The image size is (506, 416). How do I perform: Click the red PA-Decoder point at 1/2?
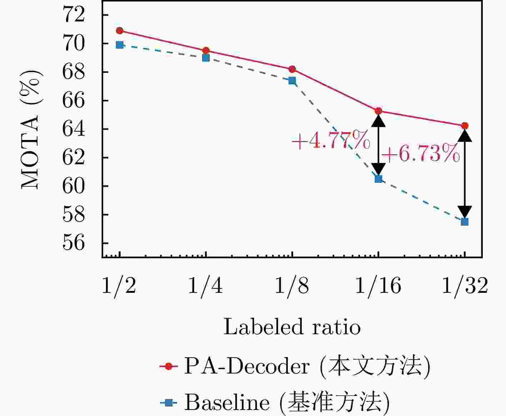tap(120, 31)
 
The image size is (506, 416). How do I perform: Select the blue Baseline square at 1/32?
tap(465, 222)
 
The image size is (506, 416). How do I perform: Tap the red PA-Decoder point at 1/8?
tap(292, 69)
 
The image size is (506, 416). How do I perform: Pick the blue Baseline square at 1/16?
tap(379, 179)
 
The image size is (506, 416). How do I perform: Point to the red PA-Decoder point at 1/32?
tap(465, 126)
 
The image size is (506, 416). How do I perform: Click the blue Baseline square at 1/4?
tap(206, 57)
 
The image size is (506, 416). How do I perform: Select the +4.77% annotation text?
tap(331, 140)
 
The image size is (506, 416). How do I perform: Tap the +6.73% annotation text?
tap(421, 154)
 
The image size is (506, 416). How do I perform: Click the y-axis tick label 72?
tap(74, 15)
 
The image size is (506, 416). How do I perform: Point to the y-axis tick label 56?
tap(74, 243)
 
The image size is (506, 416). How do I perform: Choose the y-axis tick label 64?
tap(74, 129)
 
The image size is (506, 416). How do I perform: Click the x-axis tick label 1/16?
tap(378, 286)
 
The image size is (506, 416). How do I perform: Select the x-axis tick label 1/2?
tap(119, 286)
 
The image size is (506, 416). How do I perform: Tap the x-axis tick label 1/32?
tap(465, 286)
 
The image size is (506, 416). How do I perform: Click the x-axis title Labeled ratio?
tap(292, 327)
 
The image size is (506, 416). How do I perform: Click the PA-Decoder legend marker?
tap(169, 366)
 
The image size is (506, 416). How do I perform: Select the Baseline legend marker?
tap(169, 403)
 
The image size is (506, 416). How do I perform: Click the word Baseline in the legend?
tap(227, 403)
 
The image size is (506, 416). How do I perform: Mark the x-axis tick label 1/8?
tap(292, 286)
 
